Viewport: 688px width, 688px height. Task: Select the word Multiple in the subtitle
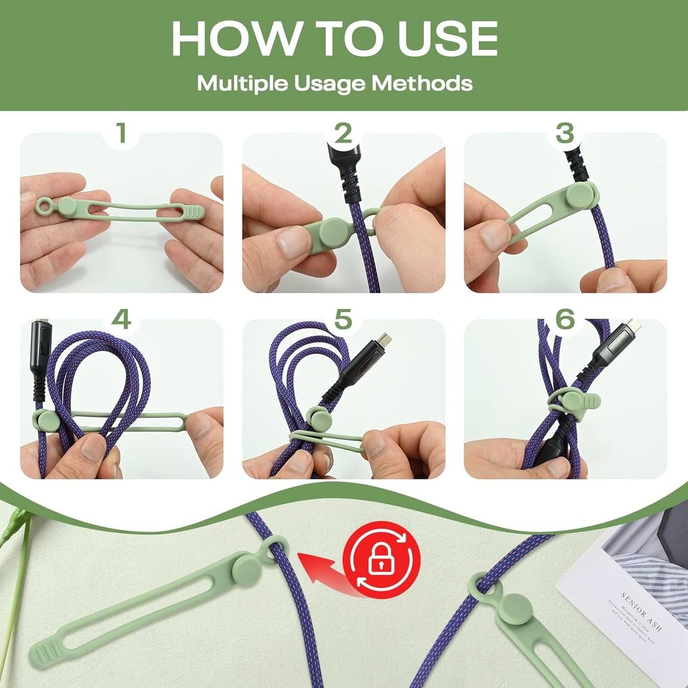[x=242, y=83]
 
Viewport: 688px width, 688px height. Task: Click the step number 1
[x=121, y=133]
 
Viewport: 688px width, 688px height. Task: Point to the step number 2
[x=343, y=133]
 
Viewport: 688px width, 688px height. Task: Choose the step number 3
[x=565, y=133]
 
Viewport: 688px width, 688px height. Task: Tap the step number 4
[x=121, y=319]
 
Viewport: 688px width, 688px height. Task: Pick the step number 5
[x=343, y=319]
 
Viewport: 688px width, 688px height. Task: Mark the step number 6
[x=565, y=319]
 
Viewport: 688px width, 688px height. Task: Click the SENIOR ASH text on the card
[x=641, y=611]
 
